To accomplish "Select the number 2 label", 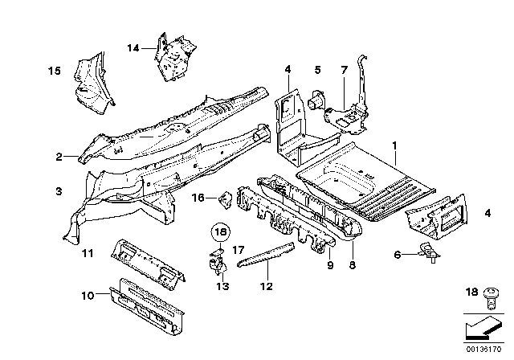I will [x=59, y=157].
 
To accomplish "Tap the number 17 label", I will [x=239, y=250].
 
